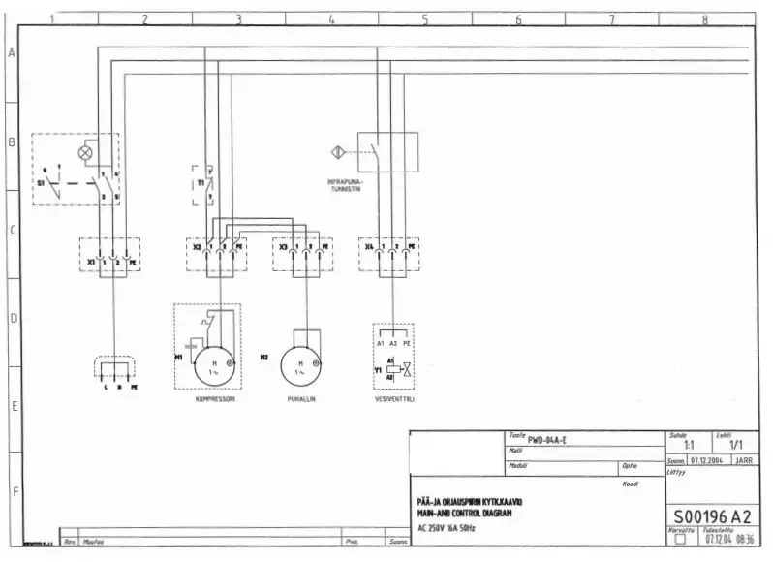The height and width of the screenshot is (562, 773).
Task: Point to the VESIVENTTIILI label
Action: coord(394,398)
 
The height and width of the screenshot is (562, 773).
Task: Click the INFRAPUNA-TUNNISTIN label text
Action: coord(345,185)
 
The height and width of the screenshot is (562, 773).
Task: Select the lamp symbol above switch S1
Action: coord(85,152)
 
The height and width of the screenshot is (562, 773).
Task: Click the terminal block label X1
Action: coord(90,262)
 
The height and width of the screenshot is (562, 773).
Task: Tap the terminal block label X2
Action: coord(197,247)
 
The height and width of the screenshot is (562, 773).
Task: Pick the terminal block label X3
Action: coord(283,247)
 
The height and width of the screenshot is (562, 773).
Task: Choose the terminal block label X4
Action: coord(369,247)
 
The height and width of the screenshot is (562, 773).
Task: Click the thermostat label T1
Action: coord(201,182)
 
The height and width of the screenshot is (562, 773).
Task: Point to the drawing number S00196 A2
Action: coord(711,515)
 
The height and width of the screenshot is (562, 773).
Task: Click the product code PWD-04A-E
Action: coord(547,440)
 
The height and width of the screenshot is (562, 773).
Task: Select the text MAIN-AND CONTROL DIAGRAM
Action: coord(464,513)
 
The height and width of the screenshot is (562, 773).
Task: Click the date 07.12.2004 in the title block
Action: coord(707,460)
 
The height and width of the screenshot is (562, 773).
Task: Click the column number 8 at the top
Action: coord(704,18)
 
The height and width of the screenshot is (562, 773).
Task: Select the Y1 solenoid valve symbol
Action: coord(396,369)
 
